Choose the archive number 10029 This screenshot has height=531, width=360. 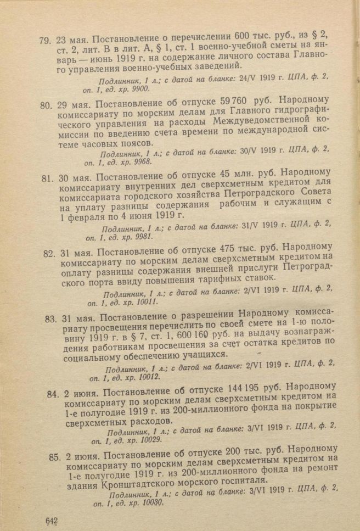click(150, 439)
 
